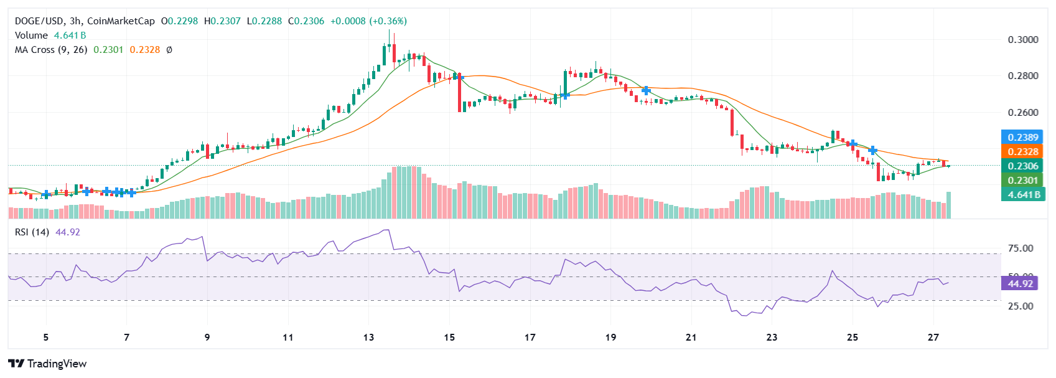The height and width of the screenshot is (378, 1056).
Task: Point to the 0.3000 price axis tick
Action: tap(1023, 40)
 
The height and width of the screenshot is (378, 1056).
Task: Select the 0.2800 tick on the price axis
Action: tap(1023, 76)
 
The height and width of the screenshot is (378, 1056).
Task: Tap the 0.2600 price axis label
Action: tap(1023, 113)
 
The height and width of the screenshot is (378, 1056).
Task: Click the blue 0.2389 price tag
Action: tap(1023, 137)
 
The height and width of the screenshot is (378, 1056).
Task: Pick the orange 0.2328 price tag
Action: tap(1023, 151)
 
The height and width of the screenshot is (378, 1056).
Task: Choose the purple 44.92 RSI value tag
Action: tap(1020, 284)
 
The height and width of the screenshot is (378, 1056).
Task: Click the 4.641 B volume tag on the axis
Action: tap(1023, 194)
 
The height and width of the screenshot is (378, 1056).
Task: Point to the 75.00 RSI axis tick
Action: tap(1021, 248)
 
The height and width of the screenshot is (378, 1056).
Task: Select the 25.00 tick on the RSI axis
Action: tap(1021, 306)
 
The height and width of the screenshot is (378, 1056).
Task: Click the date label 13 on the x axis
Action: tap(368, 338)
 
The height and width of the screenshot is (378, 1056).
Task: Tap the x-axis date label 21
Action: tap(691, 338)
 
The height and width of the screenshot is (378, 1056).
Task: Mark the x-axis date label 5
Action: tap(46, 338)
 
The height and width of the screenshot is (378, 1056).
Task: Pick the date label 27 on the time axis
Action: tap(933, 338)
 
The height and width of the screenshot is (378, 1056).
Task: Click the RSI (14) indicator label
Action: tap(32, 232)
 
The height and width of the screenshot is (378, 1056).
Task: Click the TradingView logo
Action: tap(47, 364)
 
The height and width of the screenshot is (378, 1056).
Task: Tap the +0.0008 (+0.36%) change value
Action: tap(368, 21)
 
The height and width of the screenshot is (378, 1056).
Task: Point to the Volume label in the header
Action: tap(31, 35)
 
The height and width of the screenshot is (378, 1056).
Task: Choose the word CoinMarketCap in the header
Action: tap(121, 21)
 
